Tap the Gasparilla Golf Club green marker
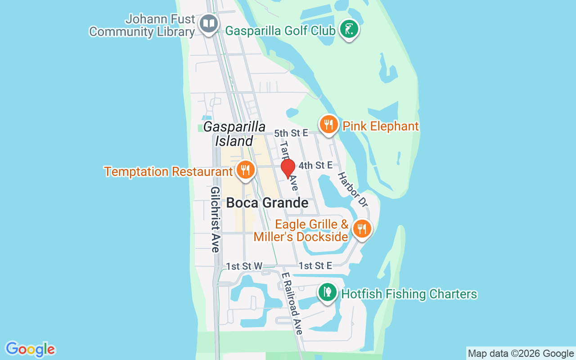pyautogui.click(x=349, y=29)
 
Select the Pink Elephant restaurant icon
pyautogui.click(x=329, y=125)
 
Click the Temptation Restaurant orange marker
pyautogui.click(x=245, y=171)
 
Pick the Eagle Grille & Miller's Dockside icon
pyautogui.click(x=361, y=229)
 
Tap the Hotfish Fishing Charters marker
pyautogui.click(x=328, y=292)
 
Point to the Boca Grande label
pyautogui.click(x=267, y=203)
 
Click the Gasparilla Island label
pyautogui.click(x=234, y=134)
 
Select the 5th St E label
pyautogui.click(x=291, y=133)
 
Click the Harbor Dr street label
pyautogui.click(x=353, y=189)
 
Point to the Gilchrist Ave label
pyautogui.click(x=215, y=219)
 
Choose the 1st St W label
pyautogui.click(x=244, y=266)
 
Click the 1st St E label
pyautogui.click(x=315, y=266)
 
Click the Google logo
pyautogui.click(x=30, y=349)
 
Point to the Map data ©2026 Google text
pyautogui.click(x=521, y=354)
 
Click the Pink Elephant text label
pyautogui.click(x=381, y=126)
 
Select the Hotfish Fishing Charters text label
pyautogui.click(x=409, y=294)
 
